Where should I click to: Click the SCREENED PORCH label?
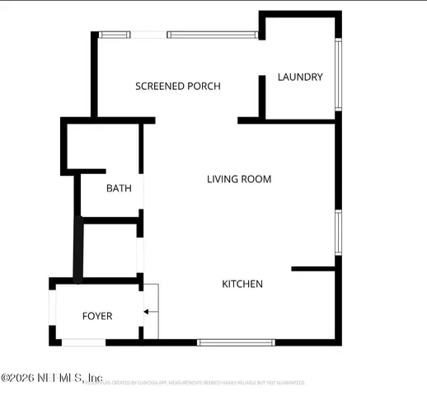click(x=178, y=86)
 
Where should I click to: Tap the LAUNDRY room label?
click(x=300, y=78)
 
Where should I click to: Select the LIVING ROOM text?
click(x=239, y=179)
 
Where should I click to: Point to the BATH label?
click(x=119, y=188)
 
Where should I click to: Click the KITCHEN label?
click(x=242, y=284)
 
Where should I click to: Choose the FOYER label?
click(x=97, y=316)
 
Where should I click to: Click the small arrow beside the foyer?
click(x=147, y=312)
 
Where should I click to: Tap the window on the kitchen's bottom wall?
click(x=237, y=342)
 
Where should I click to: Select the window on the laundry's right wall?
click(x=337, y=74)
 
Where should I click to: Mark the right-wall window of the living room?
click(x=337, y=232)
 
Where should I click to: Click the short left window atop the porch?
click(x=115, y=35)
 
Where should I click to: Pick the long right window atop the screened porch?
click(x=213, y=35)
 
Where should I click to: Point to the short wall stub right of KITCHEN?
click(x=313, y=268)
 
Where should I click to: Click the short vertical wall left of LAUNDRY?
click(x=261, y=96)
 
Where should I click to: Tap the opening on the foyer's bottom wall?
click(x=83, y=342)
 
